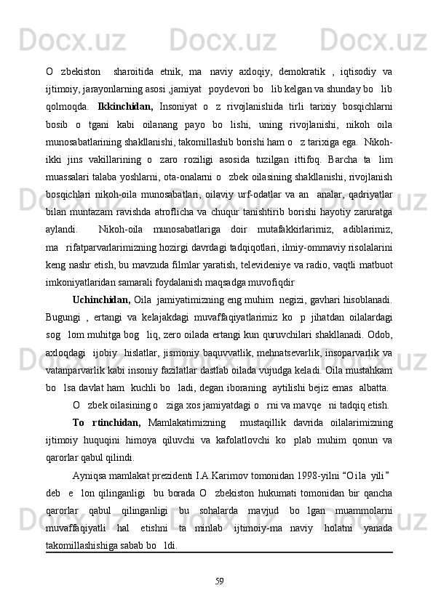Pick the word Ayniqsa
[91, 495]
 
